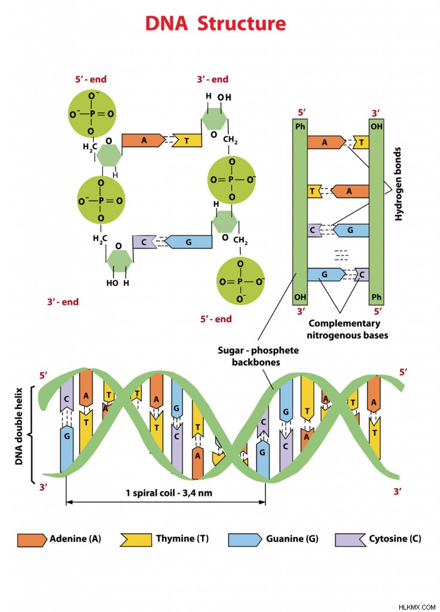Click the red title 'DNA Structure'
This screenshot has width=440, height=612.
coord(215,23)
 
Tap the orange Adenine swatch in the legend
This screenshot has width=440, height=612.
coord(32,540)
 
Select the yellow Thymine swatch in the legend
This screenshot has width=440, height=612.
coord(136,540)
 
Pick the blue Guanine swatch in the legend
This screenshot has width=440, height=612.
coord(245,540)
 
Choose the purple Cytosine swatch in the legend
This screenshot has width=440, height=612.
coord(350,540)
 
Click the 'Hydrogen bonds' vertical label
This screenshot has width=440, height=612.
coord(398,184)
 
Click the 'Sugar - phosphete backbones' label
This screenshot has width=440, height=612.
coord(258,356)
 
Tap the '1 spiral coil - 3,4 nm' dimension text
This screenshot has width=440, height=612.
coord(169,493)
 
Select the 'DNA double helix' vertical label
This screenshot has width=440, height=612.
coord(19,426)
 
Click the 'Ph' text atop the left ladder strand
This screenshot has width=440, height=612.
coord(300,127)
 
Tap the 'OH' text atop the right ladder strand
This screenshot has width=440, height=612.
coord(377,127)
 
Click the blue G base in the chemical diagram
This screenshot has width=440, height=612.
coord(188,242)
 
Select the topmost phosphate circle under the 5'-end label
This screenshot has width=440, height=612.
coord(92,114)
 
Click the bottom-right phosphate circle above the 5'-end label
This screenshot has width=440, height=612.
coord(240,281)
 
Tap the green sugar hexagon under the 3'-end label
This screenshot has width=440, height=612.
coord(214,119)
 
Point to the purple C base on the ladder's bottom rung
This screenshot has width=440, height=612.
coord(362,274)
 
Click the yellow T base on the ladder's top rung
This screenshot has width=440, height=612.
coord(361,142)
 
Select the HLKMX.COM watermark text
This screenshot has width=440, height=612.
coord(417,607)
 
